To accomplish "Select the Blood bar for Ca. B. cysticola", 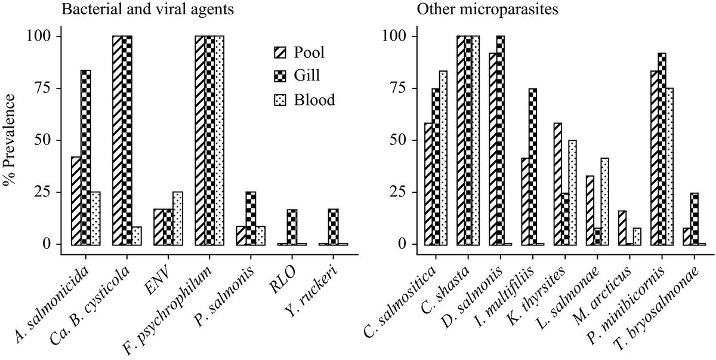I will coord(137,236).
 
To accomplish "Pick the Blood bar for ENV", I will coord(178,219).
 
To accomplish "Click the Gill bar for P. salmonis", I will coord(251,219).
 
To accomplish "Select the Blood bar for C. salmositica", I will coord(442,158).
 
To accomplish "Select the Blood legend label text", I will coord(314,100).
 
